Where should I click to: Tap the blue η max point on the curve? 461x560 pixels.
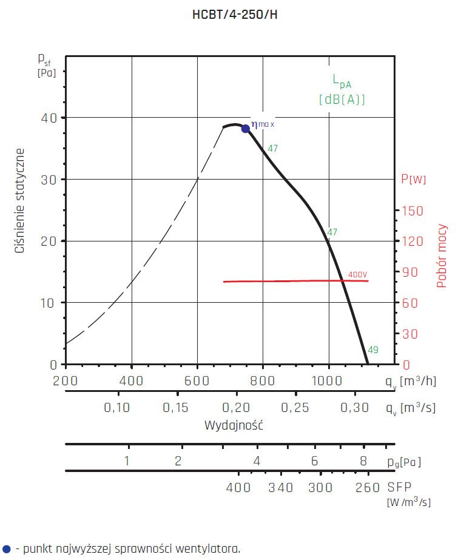click(x=246, y=128)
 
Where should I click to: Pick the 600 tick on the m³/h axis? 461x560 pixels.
click(x=197, y=381)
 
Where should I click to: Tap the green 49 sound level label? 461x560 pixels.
click(x=373, y=350)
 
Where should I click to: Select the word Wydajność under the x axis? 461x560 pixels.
click(x=234, y=424)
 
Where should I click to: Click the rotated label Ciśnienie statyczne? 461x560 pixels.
click(x=20, y=200)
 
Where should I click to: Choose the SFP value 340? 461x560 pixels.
click(x=281, y=488)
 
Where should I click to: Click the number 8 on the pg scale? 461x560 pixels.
click(x=363, y=460)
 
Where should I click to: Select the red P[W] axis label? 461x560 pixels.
click(x=413, y=179)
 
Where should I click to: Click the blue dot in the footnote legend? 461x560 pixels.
click(x=6, y=550)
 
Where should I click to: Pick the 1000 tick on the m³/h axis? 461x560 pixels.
click(x=328, y=381)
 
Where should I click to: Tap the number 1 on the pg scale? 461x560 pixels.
click(x=127, y=460)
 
